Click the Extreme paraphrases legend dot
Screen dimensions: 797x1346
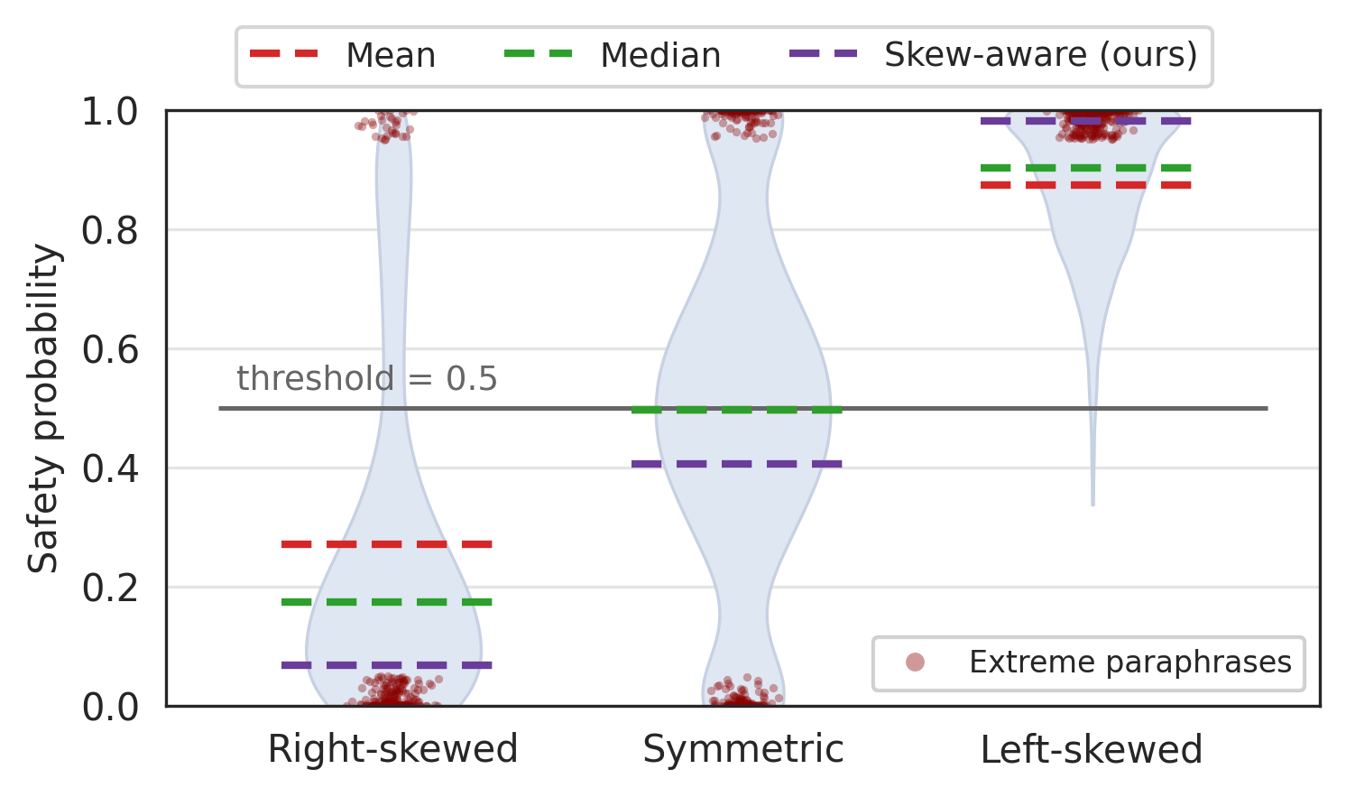(x=915, y=663)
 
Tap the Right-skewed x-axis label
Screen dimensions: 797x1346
(x=392, y=750)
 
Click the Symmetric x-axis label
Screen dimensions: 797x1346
(x=742, y=750)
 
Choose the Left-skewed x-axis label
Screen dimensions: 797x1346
(x=1092, y=750)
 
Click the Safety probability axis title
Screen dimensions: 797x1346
(x=43, y=408)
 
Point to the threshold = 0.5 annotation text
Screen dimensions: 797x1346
(x=366, y=379)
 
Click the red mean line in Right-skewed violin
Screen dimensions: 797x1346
(x=387, y=544)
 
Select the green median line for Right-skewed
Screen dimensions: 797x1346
(x=387, y=602)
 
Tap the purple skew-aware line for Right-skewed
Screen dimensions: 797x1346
(x=387, y=665)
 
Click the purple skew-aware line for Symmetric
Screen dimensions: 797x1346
(x=737, y=464)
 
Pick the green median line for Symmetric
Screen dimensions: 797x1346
(x=737, y=410)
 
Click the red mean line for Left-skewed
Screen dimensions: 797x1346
(x=1086, y=185)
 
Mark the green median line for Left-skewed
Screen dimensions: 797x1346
(x=1086, y=168)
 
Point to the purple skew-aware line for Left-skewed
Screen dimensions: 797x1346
(x=1086, y=121)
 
